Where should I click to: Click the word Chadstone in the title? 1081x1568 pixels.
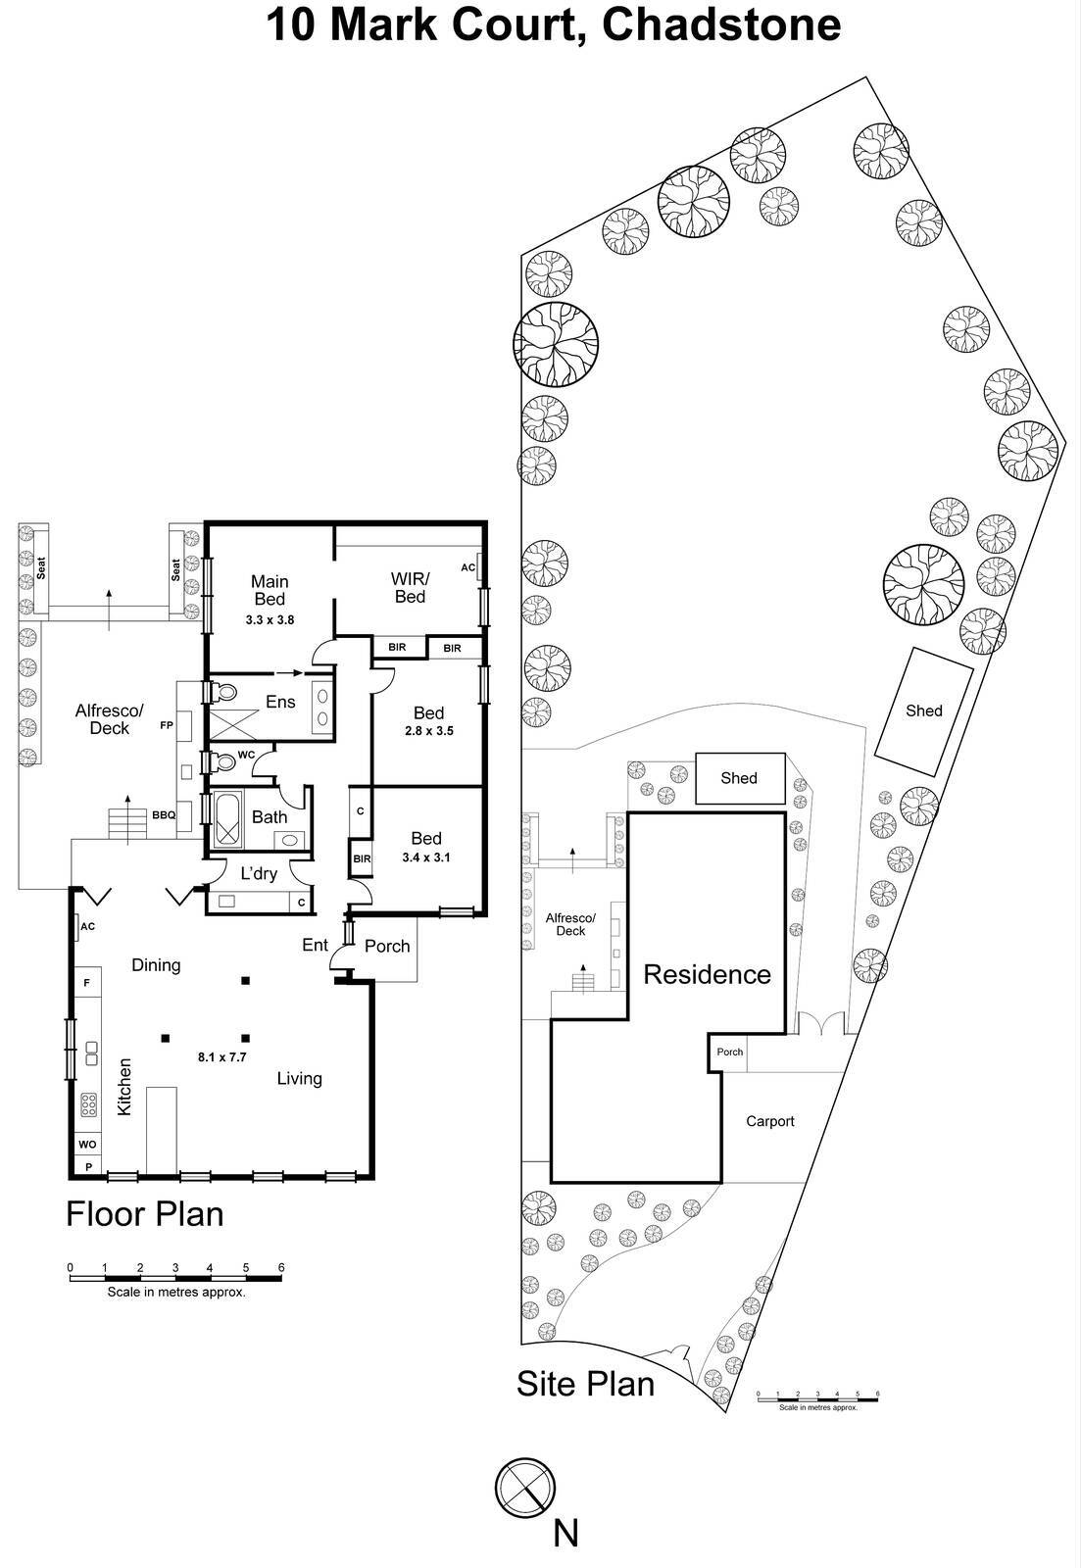720,24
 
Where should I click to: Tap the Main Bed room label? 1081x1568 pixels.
270,590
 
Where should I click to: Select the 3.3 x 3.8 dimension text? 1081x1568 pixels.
270,619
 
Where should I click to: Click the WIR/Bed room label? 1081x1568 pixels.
410,588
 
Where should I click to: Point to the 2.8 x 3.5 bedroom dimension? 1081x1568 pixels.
428,730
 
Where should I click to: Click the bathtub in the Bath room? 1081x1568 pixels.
227,817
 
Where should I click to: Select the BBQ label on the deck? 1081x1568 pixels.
163,814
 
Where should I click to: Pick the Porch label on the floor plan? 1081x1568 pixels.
387,946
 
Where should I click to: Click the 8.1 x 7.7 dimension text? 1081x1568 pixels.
221,1056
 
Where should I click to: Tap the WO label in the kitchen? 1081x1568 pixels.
87,1144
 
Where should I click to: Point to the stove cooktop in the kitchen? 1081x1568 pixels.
88,1104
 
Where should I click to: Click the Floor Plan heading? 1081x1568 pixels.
144,1214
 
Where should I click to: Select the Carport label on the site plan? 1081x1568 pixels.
769,1121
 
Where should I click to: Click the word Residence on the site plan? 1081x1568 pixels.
707,974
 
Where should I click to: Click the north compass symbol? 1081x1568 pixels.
525,1487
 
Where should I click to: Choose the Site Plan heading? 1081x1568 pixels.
585,1384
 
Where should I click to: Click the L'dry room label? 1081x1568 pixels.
259,873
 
